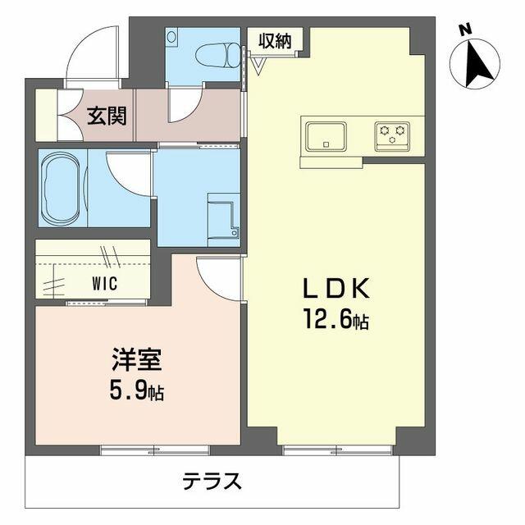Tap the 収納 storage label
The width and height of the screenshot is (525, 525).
click(276, 40)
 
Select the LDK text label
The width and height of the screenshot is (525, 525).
click(337, 289)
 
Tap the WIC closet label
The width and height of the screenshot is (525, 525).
click(104, 284)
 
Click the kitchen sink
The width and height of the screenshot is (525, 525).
click(326, 136)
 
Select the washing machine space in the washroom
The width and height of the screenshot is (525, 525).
click(222, 215)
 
